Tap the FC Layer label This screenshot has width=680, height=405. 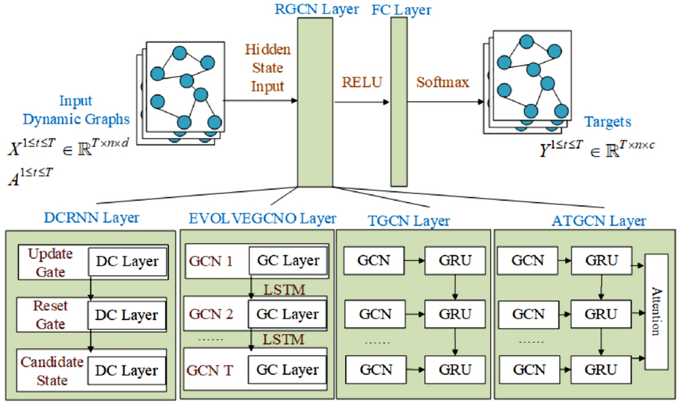399,10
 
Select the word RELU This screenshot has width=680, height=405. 361,81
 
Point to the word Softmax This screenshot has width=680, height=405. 443,81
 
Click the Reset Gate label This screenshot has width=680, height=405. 51,315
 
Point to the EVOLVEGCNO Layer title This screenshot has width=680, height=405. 261,218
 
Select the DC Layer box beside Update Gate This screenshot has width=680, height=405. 127,261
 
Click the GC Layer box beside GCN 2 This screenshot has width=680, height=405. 288,314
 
